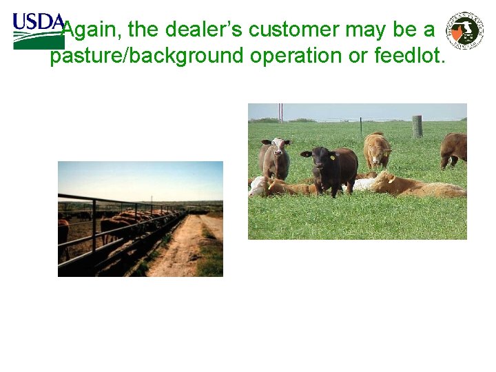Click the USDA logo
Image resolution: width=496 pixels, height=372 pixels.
pos(37,30)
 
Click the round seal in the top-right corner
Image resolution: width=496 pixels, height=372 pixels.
pos(465,30)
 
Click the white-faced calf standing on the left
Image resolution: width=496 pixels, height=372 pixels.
pos(276,158)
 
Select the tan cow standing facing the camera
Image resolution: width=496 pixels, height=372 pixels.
pos(377,150)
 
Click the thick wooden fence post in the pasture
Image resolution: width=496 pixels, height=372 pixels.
pos(417,126)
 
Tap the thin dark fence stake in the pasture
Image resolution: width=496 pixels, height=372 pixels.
pos(360,125)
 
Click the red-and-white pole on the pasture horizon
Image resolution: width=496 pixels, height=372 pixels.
pos(280,112)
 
